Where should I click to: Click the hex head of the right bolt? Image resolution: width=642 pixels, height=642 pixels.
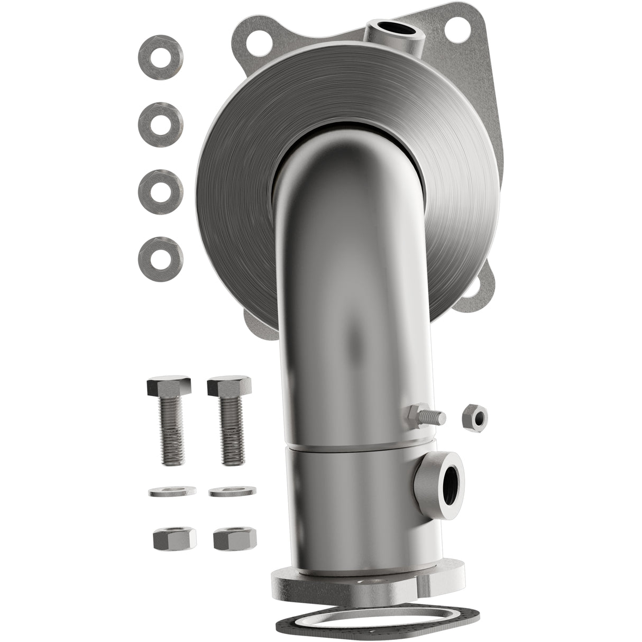(x=230, y=386)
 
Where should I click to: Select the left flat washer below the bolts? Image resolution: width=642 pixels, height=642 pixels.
(x=172, y=491)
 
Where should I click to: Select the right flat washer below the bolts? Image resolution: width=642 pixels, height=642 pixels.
(x=232, y=491)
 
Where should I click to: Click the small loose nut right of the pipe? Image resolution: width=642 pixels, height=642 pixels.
(x=474, y=417)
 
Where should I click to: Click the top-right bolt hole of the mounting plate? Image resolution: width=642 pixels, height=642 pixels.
(x=459, y=24)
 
